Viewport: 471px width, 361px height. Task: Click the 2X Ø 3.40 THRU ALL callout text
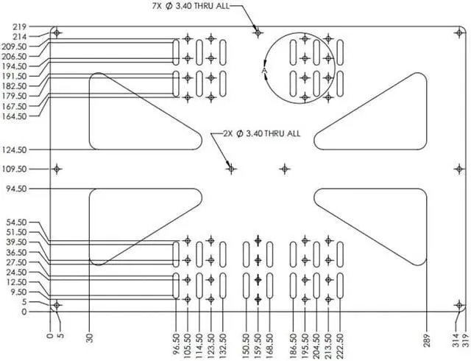[x=261, y=133]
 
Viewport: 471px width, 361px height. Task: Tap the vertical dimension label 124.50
[x=15, y=150]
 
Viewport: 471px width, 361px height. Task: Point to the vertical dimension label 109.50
[x=15, y=169]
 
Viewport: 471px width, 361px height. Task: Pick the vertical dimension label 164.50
[x=15, y=116]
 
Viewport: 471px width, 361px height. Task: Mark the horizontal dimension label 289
[x=426, y=340]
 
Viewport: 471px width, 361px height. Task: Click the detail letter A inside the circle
[x=263, y=71]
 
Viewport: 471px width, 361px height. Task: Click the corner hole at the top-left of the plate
[x=57, y=33]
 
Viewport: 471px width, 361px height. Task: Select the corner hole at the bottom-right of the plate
[x=458, y=305]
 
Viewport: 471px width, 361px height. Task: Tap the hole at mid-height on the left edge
[x=57, y=169]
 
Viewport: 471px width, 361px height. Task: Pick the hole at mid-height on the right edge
[x=458, y=169]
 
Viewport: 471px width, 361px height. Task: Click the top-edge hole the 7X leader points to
[x=258, y=33]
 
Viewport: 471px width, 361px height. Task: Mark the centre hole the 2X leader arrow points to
[x=231, y=169]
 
